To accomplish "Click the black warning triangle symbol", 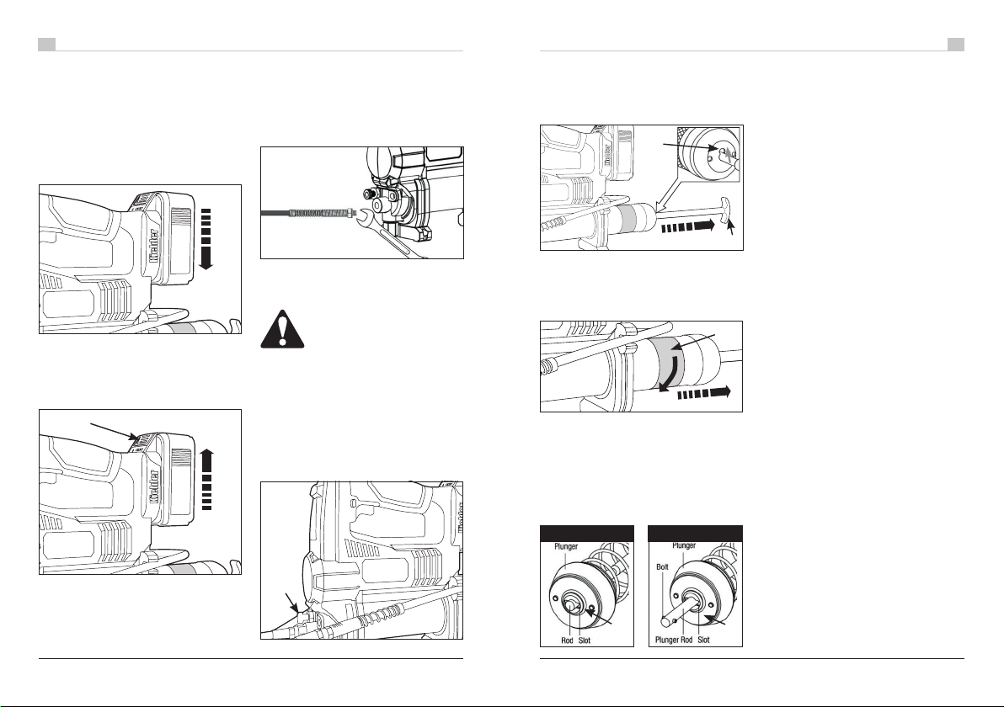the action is click(281, 329).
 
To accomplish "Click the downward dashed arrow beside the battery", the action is click(206, 239).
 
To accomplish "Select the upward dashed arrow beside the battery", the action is click(206, 480).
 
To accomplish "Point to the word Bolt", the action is click(662, 567).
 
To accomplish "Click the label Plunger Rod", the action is click(674, 640).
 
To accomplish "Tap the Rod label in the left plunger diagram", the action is click(567, 640).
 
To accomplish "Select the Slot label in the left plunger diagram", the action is click(584, 640).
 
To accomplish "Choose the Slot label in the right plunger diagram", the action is click(703, 640).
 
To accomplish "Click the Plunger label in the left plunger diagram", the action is click(566, 546).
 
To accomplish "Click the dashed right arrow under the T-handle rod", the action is click(687, 226).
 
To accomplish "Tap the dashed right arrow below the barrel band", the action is click(703, 392).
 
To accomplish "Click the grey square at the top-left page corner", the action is click(46, 44).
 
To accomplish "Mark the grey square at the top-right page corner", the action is click(956, 44).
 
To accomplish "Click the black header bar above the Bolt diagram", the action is click(696, 534).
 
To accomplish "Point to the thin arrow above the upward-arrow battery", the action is click(114, 432).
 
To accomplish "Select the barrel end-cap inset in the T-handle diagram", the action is click(709, 154).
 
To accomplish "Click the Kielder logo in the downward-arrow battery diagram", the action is click(154, 247).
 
